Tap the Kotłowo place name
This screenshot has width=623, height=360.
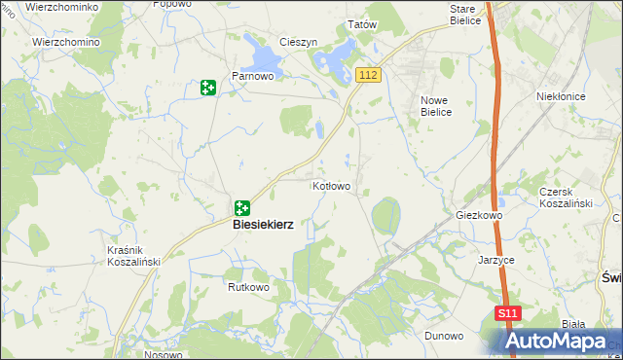pyautogui.click(x=331, y=185)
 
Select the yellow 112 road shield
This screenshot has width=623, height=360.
pyautogui.click(x=367, y=76)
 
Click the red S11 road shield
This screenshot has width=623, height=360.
pyautogui.click(x=507, y=314)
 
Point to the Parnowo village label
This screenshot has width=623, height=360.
pyautogui.click(x=250, y=75)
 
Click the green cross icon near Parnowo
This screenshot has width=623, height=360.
pyautogui.click(x=207, y=89)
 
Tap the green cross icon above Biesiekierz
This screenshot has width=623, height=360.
pyautogui.click(x=241, y=207)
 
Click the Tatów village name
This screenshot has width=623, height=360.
pyautogui.click(x=362, y=25)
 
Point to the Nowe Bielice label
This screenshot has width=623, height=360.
pyautogui.click(x=436, y=106)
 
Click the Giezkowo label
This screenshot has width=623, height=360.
pyautogui.click(x=478, y=215)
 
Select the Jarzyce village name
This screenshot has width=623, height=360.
pyautogui.click(x=495, y=261)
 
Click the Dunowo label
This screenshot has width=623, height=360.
pyautogui.click(x=443, y=335)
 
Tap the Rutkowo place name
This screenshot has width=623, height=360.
pyautogui.click(x=247, y=288)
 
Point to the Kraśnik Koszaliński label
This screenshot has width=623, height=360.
pyautogui.click(x=132, y=255)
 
